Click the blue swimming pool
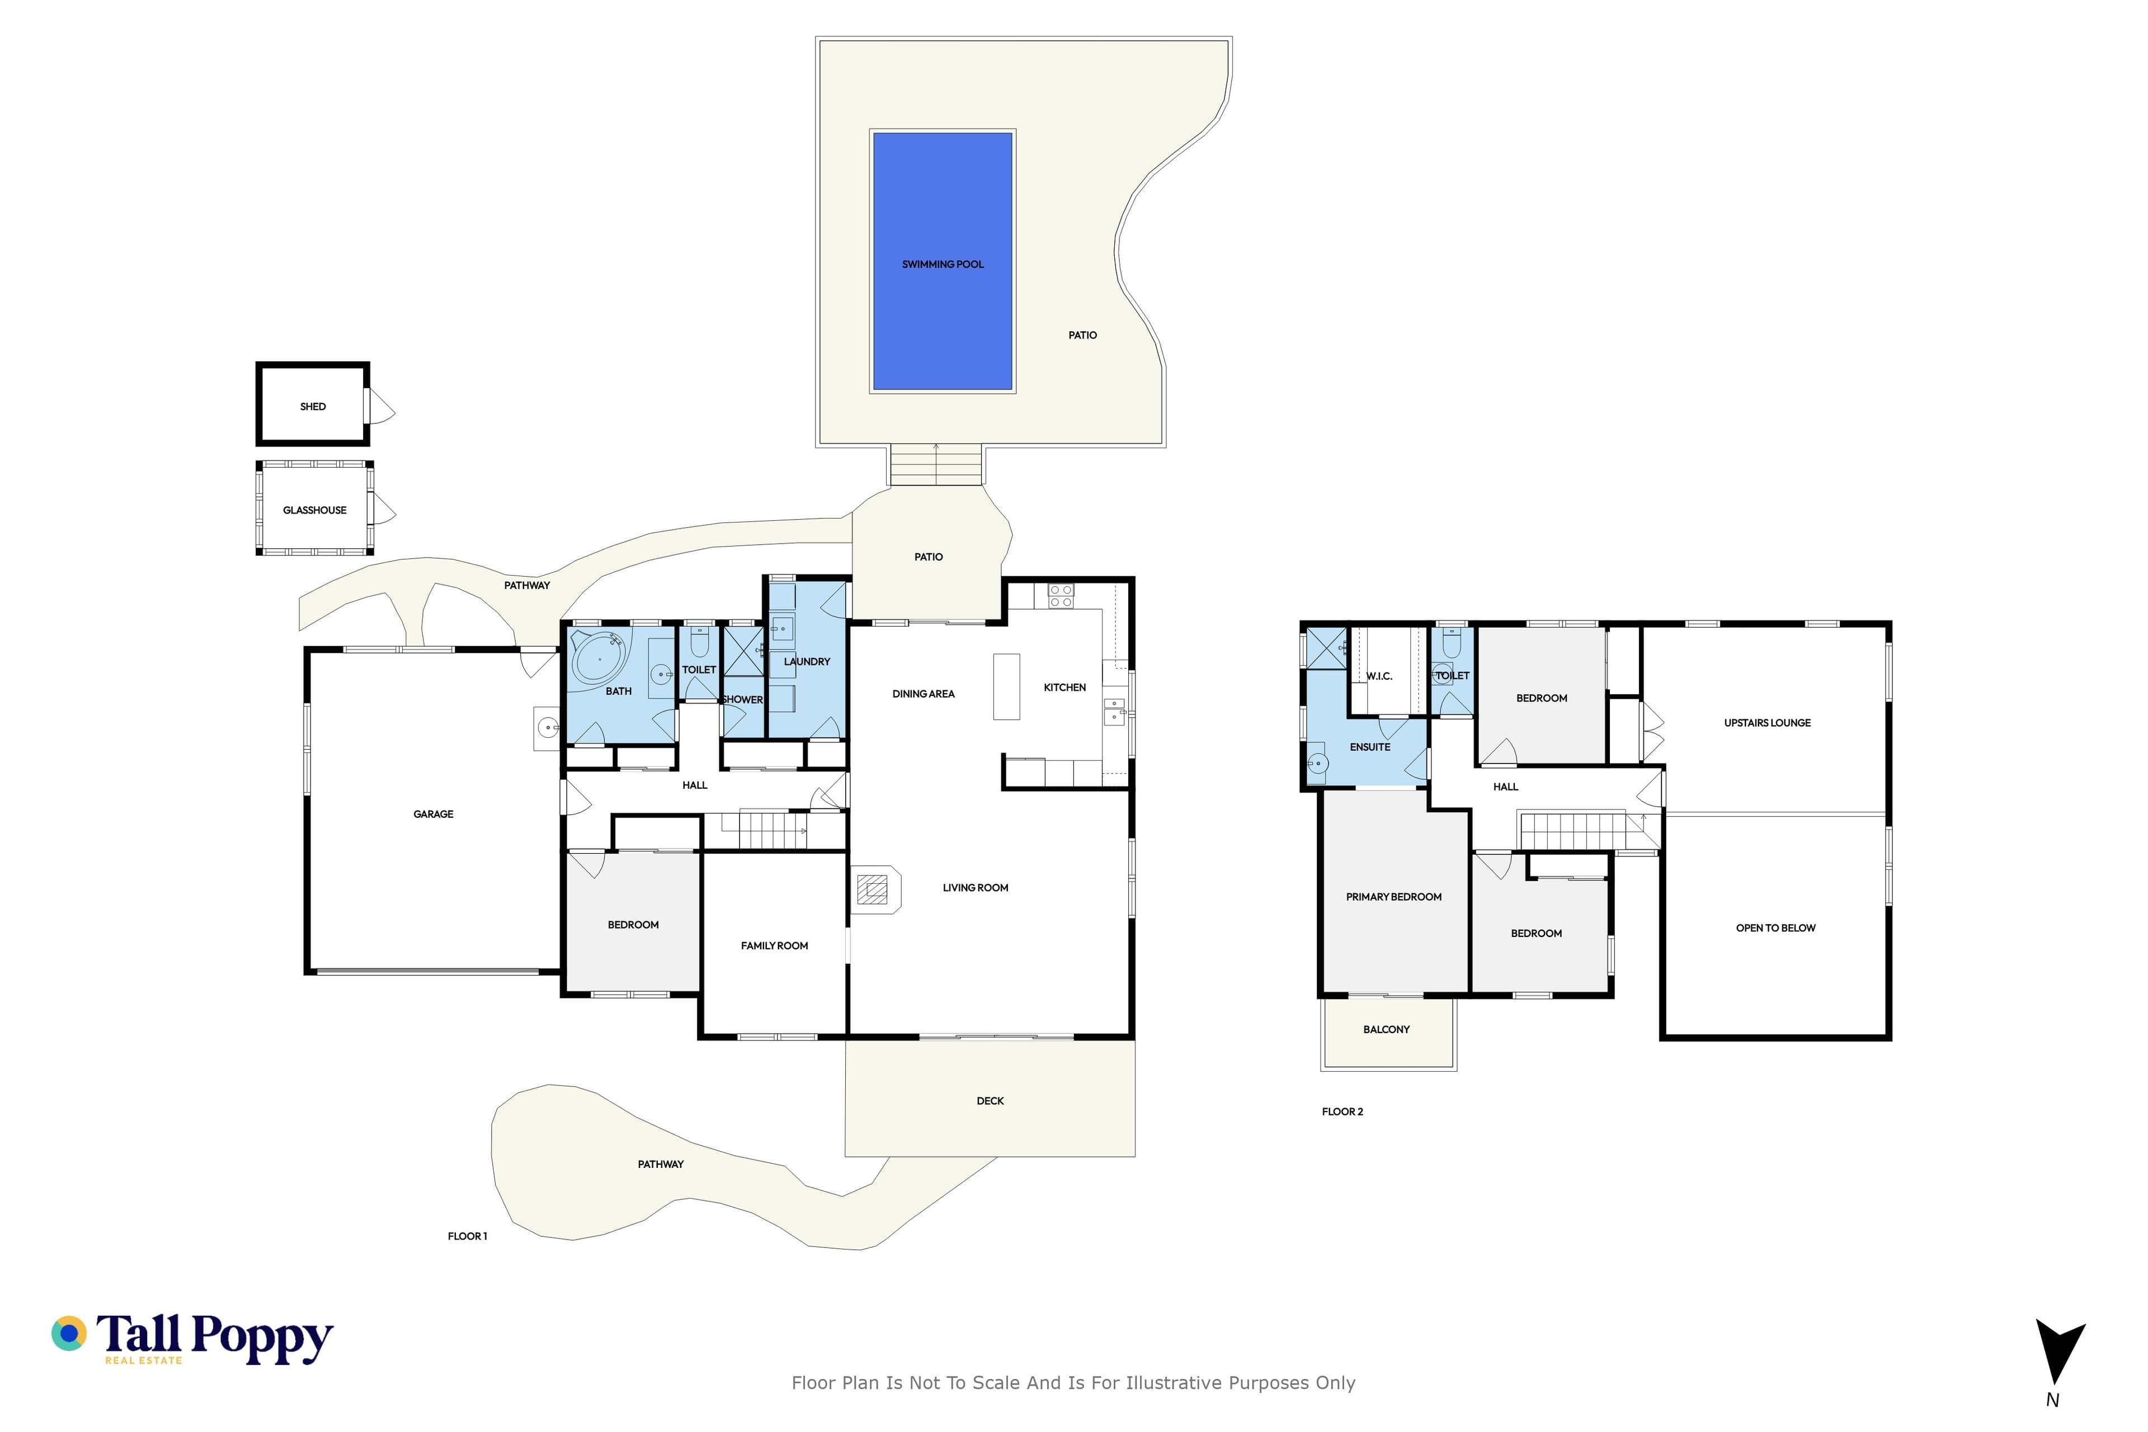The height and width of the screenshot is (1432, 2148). tap(943, 261)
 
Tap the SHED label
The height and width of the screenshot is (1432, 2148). tap(313, 407)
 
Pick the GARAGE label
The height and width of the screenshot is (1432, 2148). tap(434, 814)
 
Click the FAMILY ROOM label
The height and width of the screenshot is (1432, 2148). tap(774, 946)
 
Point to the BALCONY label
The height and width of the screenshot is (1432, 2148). tap(1386, 1029)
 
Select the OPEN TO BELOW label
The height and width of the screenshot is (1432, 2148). tap(1775, 928)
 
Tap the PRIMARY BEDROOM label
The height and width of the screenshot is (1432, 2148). tap(1393, 897)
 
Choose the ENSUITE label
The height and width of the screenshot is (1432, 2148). tap(1370, 747)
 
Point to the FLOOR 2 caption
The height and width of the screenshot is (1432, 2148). tap(1342, 1111)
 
